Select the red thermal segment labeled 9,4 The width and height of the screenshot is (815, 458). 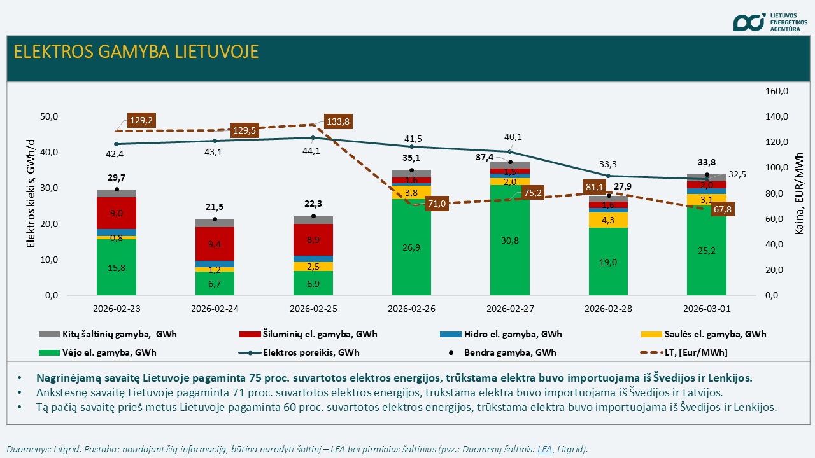pos(215,244)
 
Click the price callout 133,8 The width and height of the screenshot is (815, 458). pos(337,121)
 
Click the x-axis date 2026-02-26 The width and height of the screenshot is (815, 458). pos(411,309)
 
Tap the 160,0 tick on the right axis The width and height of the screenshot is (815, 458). pos(776,92)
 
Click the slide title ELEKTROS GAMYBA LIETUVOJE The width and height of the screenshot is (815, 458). pos(136,52)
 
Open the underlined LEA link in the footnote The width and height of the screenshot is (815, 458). pos(545,449)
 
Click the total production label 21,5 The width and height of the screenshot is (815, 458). pos(215,207)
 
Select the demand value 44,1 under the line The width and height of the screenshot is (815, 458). pos(313,151)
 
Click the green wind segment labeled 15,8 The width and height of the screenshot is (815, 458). pos(117,268)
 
